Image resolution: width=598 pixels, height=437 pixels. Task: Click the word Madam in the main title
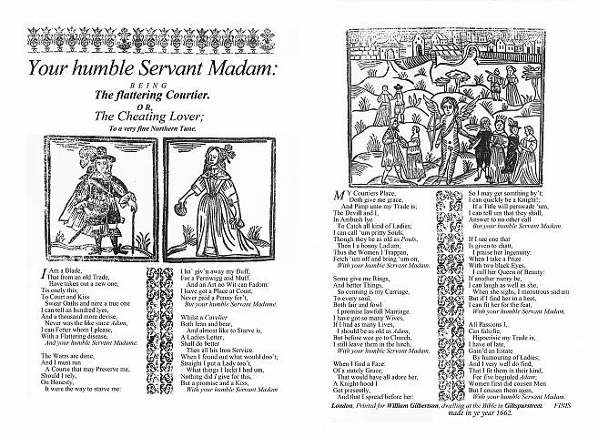coord(238,68)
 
